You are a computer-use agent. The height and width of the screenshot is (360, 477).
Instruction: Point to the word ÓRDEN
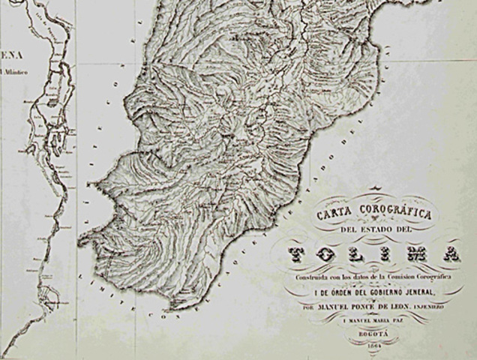[334, 292]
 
